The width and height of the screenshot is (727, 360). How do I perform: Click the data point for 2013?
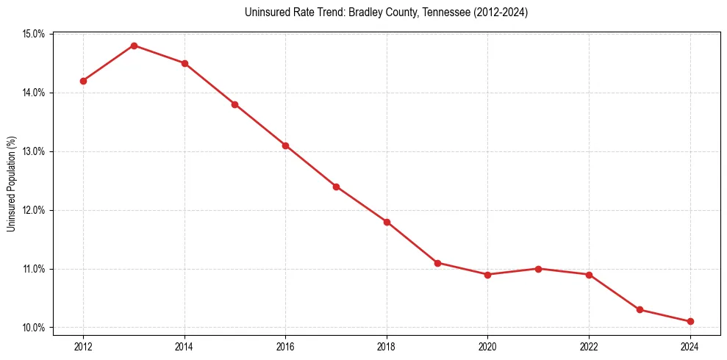(x=134, y=46)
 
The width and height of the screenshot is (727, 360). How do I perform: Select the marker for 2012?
(x=83, y=81)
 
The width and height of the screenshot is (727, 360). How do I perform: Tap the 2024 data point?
(x=690, y=322)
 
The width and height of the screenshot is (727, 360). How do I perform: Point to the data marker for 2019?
(x=437, y=263)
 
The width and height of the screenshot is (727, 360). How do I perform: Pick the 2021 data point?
(x=539, y=269)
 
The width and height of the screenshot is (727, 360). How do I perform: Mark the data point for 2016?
(x=285, y=145)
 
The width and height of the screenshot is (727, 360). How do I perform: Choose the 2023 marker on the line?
(x=640, y=310)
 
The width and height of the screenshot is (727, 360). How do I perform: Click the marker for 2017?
(x=336, y=187)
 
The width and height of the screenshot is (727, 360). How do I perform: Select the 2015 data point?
(x=234, y=104)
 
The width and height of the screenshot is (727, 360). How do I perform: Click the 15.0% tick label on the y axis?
(x=34, y=34)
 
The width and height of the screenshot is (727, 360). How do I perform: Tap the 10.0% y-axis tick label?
(x=34, y=328)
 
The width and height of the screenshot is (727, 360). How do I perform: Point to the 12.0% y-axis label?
(x=34, y=210)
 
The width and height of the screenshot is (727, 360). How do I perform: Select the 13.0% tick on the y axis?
(x=34, y=151)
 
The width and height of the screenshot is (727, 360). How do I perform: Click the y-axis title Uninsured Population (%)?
(x=11, y=184)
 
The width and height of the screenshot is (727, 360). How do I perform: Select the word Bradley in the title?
(x=348, y=12)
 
